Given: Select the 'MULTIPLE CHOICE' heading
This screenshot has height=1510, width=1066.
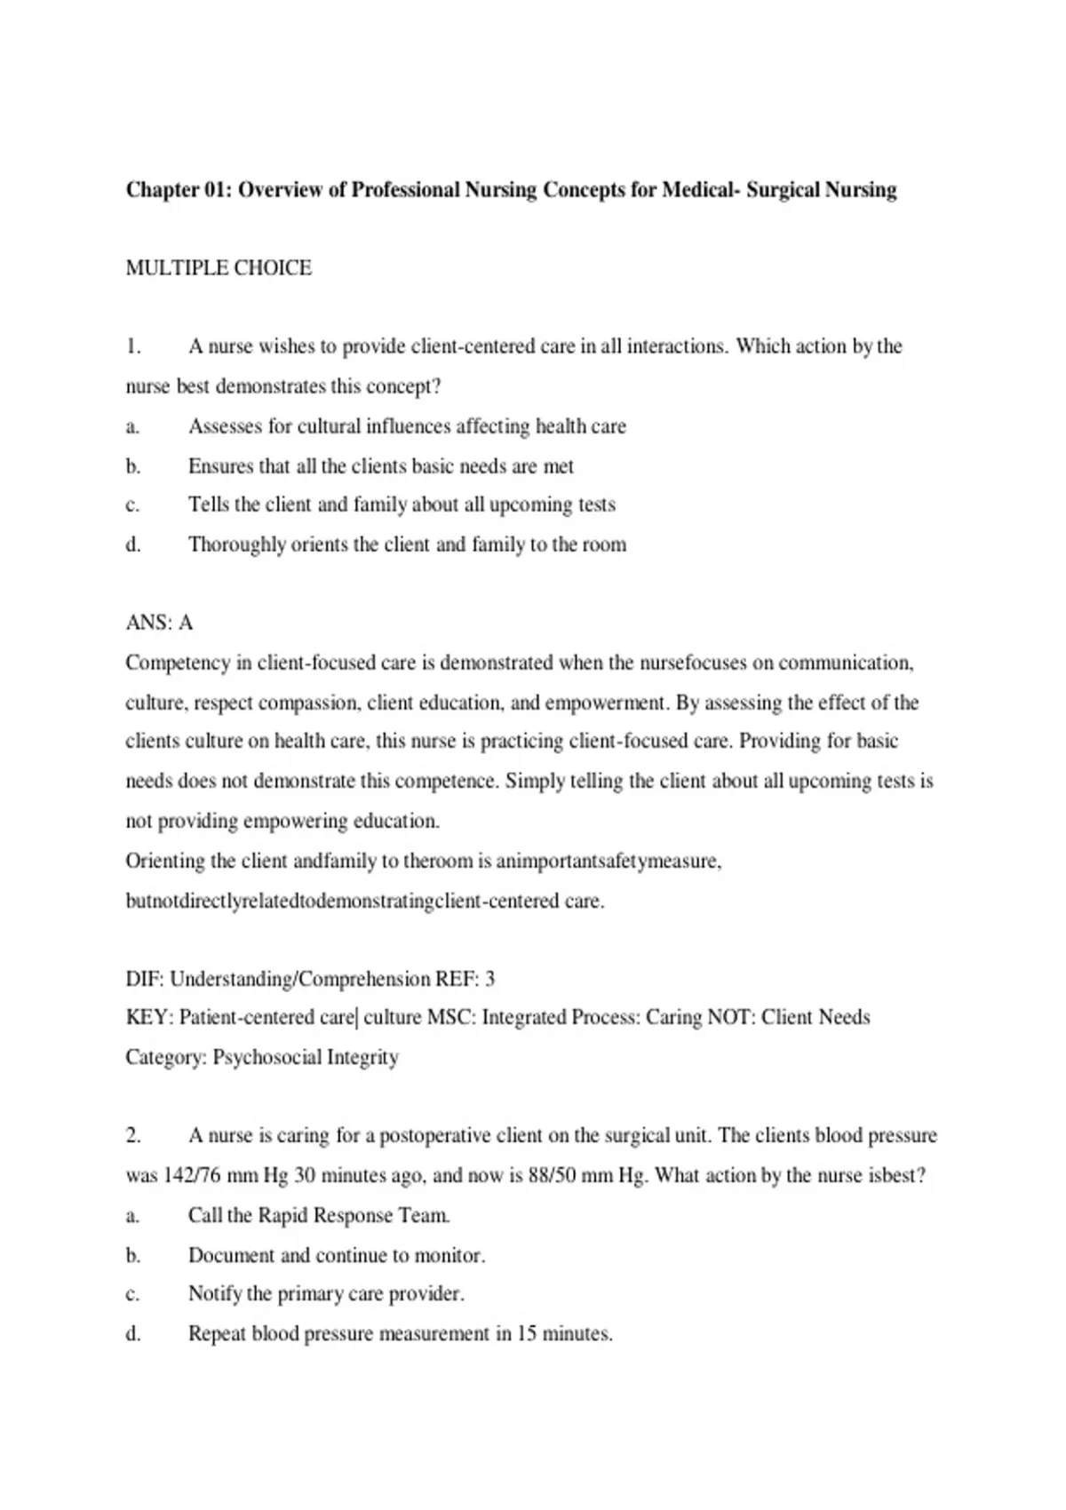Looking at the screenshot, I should pos(219,268).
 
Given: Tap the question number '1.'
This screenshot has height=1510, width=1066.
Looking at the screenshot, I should pos(133,346).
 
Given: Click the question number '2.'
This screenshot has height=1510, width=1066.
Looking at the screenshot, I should pos(133,1135).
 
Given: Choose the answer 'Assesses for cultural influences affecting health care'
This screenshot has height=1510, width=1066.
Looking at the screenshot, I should pos(407,426).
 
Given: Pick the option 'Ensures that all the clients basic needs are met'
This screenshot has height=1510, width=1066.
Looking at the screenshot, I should pos(380,466).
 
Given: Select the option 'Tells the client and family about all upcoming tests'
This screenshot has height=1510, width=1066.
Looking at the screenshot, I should pos(402,505).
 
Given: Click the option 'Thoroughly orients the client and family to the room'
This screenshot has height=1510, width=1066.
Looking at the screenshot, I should pos(407,544).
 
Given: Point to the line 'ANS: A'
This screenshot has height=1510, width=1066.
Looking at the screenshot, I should pos(159,623).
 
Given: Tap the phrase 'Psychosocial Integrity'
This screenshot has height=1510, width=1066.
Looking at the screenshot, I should pos(306,1057).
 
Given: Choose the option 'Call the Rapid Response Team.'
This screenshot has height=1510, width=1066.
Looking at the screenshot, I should pos(319,1215).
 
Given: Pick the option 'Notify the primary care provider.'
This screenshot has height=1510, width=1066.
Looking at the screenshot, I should pos(326,1293).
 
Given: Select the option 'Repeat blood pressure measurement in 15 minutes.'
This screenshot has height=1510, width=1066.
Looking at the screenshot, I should pos(400,1333).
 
